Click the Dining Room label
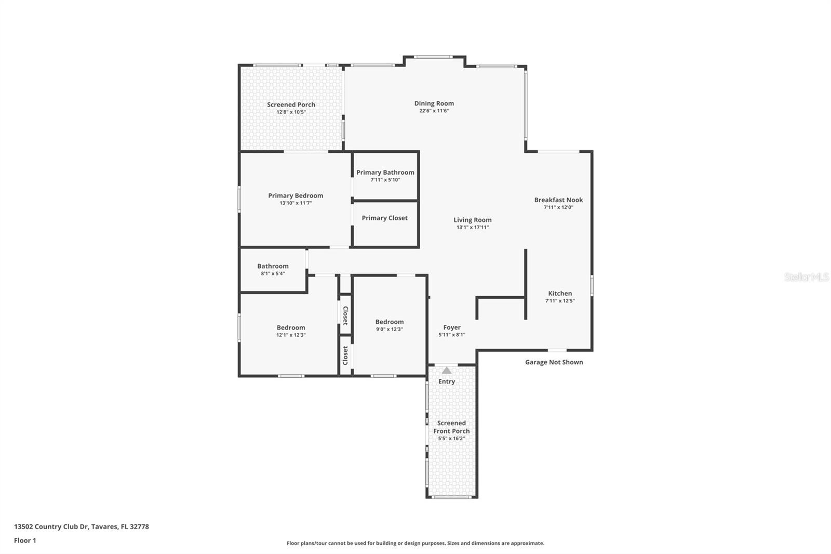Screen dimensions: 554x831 point(434,103)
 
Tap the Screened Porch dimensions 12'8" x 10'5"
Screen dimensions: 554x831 point(291,112)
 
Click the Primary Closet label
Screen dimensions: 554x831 point(384,218)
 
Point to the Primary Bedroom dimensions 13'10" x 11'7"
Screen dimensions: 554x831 point(296,203)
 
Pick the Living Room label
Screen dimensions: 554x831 point(472,220)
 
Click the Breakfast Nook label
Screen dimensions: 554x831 point(558,200)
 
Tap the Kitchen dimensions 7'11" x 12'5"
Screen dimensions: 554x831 point(560,300)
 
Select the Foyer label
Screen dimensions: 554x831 point(452,327)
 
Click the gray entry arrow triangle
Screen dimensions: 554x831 point(447,371)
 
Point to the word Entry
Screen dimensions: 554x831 point(447,381)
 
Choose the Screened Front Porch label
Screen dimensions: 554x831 point(451,427)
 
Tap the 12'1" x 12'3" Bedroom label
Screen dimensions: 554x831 point(291,327)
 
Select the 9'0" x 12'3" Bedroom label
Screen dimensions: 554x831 point(390,322)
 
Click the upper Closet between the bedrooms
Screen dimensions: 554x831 point(345,315)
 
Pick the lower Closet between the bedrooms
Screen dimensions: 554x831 point(345,355)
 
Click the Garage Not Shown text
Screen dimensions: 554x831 point(554,362)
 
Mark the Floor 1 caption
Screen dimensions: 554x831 point(25,540)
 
